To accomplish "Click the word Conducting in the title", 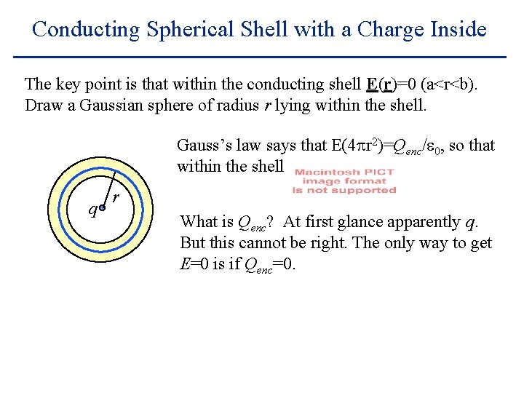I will (85, 30).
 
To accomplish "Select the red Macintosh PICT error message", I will (344, 181).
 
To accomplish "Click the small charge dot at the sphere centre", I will (103, 208).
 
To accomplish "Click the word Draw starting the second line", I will (42, 106).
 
